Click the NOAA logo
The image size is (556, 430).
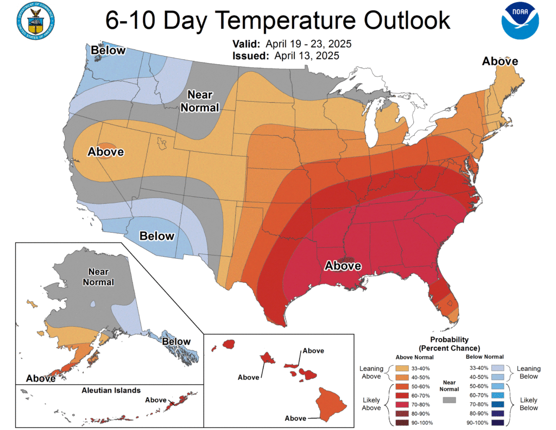520,21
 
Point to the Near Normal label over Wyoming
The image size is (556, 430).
200,101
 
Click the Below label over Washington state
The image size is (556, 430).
108,51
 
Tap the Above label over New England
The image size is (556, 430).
500,61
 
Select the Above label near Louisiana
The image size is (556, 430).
343,266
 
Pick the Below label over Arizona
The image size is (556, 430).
157,236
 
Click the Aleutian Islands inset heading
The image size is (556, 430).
111,390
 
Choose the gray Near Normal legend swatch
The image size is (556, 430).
450,400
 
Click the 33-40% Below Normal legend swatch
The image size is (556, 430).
497,367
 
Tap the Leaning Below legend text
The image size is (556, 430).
528,372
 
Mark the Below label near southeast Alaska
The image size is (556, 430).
177,342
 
